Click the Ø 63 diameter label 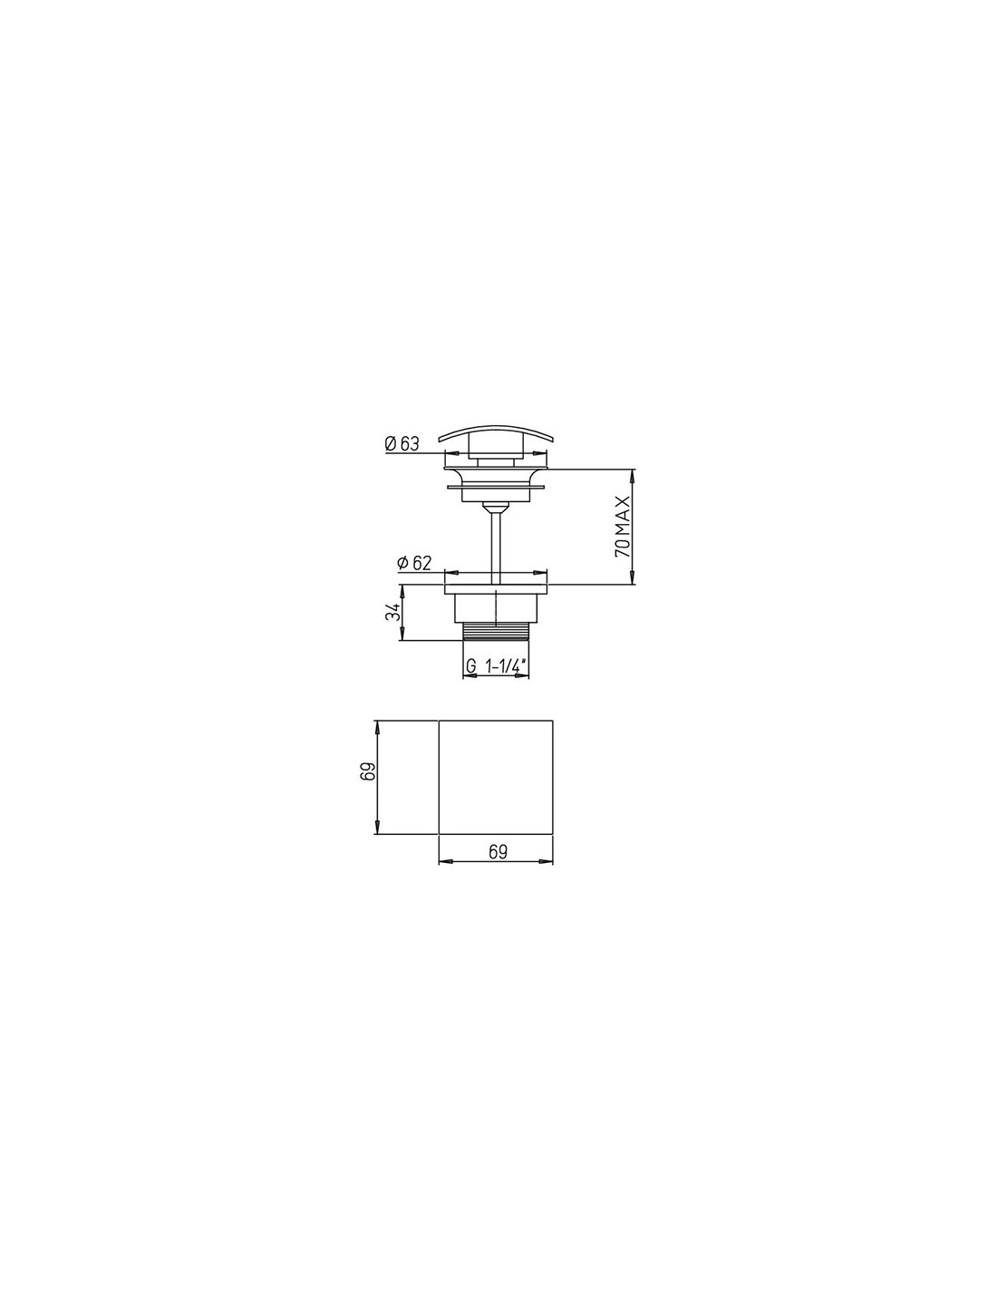(x=402, y=443)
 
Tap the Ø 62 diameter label (x=413, y=563)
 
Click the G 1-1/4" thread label (x=494, y=666)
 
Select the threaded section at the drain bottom (x=496, y=631)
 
